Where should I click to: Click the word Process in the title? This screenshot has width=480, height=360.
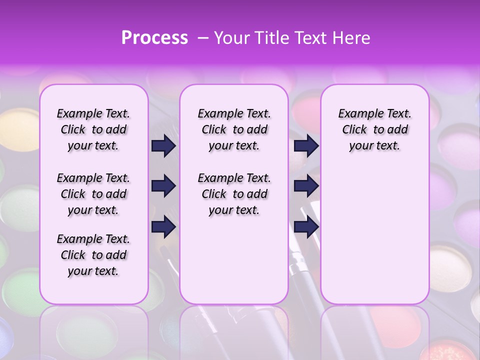tap(154, 37)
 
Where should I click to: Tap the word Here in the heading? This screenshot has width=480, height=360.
tap(349, 37)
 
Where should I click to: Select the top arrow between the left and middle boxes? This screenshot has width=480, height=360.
tap(163, 145)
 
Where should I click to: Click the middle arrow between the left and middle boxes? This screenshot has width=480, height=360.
tap(163, 186)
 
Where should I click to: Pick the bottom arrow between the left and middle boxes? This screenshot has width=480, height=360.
tap(163, 227)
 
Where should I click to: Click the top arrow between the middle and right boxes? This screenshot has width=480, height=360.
tap(306, 145)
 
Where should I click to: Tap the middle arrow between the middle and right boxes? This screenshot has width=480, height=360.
tap(306, 186)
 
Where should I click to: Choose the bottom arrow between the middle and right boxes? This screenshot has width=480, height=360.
tap(306, 227)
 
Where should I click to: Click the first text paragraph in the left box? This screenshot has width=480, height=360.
tap(93, 129)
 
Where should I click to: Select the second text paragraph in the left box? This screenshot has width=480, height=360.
tap(93, 194)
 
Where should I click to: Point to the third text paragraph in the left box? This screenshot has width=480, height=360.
tap(93, 255)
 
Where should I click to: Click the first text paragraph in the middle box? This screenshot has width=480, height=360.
tap(234, 129)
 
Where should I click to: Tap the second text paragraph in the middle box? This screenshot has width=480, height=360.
tap(234, 194)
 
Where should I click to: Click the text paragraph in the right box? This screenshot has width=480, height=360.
tap(374, 129)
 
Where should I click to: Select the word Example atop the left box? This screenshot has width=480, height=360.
tap(75, 114)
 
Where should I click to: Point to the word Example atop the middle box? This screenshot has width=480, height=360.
tap(216, 114)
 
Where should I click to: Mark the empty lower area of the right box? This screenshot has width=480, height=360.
tap(374, 235)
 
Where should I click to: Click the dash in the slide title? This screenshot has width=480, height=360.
tap(202, 37)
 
